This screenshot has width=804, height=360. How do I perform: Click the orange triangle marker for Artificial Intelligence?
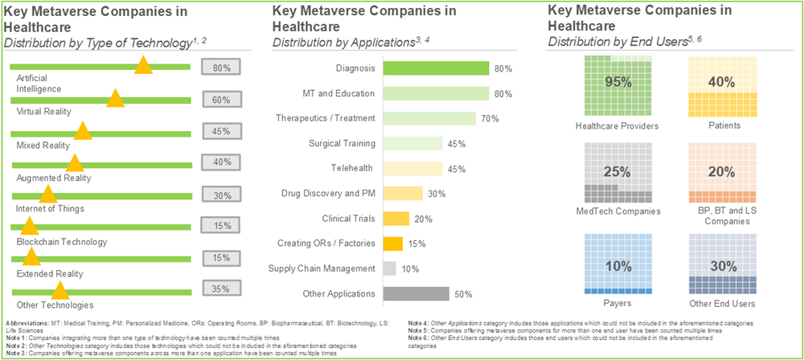pos(142,66)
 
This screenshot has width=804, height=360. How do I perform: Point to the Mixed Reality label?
pos(43,145)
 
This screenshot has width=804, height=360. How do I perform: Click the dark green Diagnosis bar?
pos(436,68)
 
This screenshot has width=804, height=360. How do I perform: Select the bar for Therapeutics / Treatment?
pos(429,118)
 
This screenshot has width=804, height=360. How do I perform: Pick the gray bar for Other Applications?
pos(416,293)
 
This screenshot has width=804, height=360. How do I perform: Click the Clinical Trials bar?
pos(396,219)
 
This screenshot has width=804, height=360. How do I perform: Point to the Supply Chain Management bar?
pos(389,268)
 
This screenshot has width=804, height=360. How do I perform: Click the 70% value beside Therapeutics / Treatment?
pos(490,119)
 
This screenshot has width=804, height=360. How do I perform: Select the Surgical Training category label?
pos(342,144)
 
